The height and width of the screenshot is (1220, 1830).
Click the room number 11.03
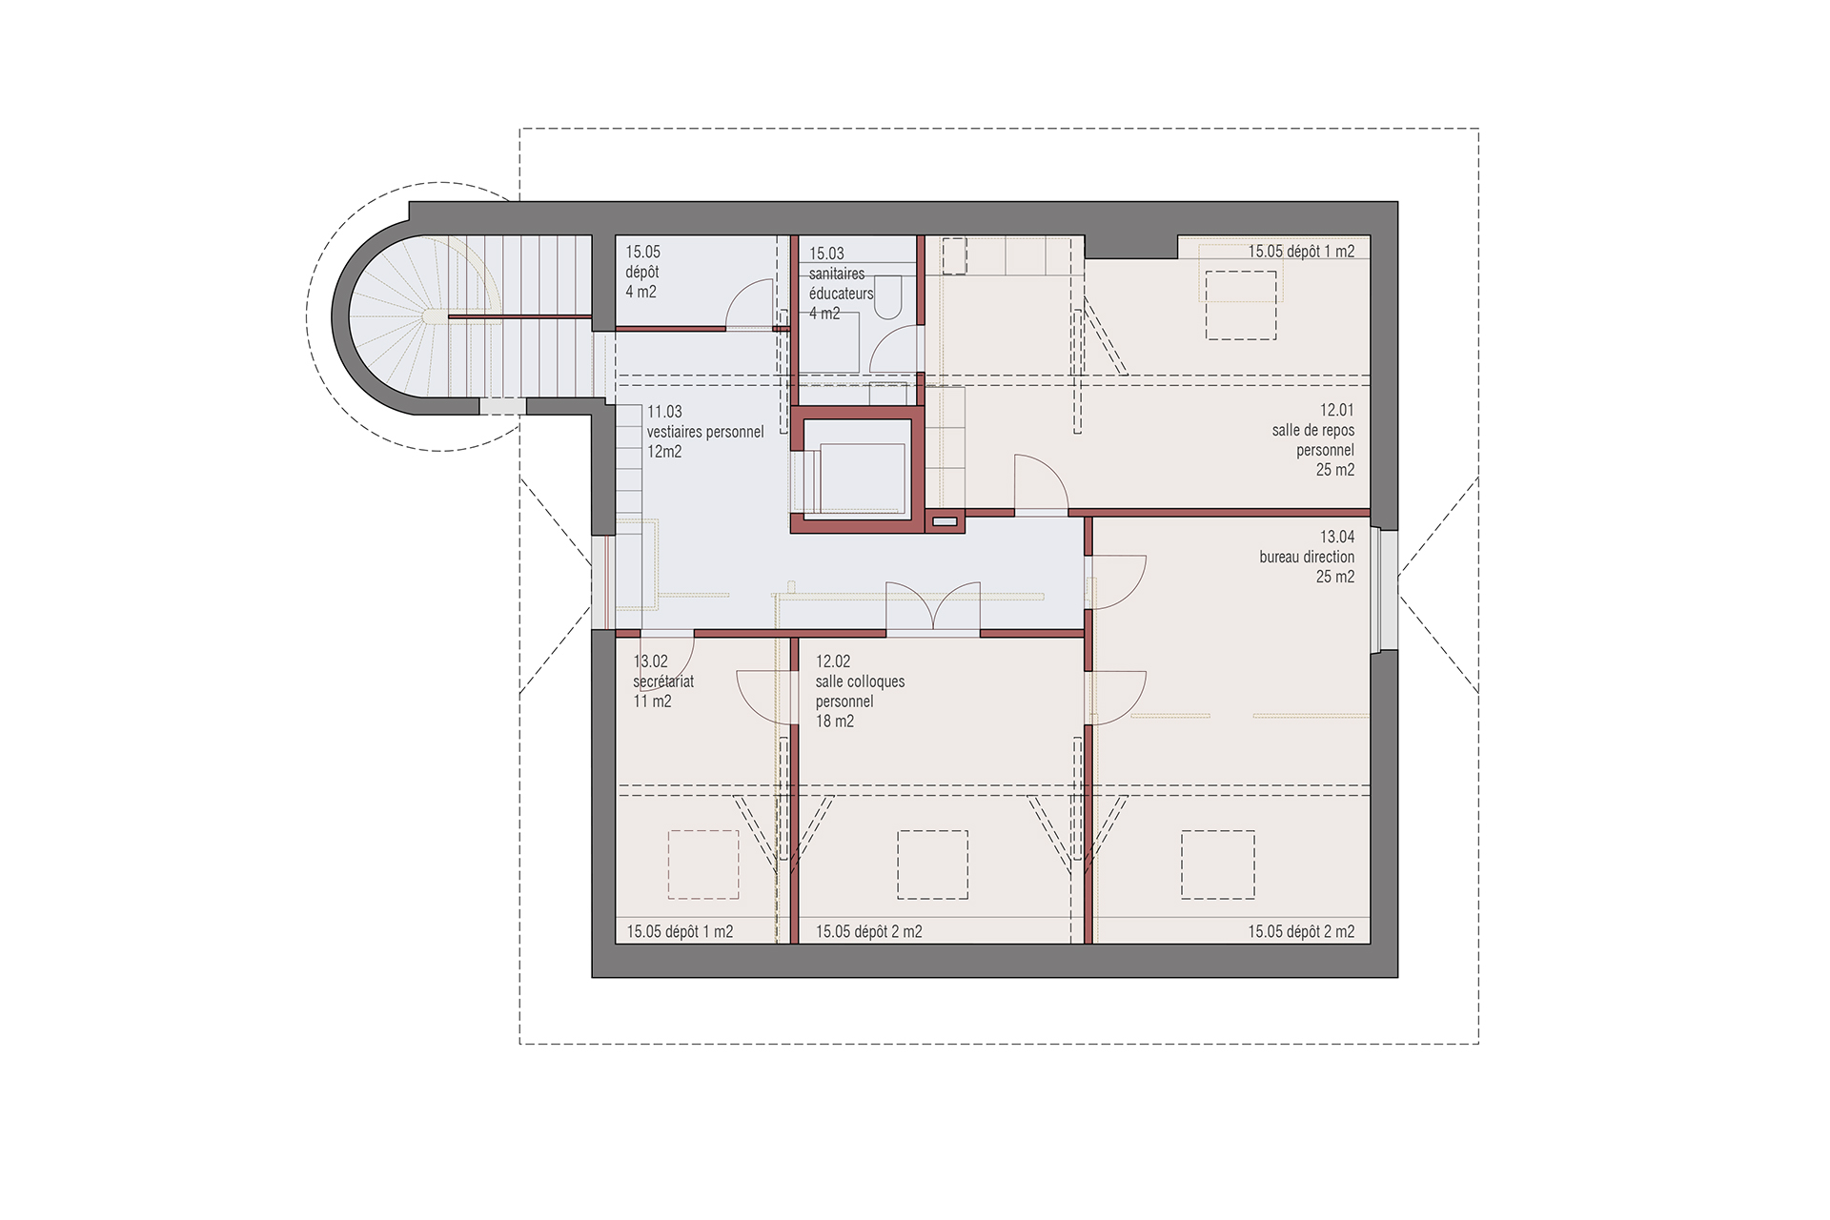tap(664, 412)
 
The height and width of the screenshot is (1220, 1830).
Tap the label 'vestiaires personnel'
tap(705, 432)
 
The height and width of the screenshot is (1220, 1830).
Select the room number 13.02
tap(651, 661)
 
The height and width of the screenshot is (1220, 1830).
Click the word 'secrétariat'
tap(663, 681)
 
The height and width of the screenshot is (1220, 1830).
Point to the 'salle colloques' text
tap(860, 681)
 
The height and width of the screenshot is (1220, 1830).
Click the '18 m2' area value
tap(835, 722)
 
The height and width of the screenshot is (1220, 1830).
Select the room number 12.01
tap(1337, 410)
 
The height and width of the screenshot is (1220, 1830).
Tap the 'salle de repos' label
tap(1313, 430)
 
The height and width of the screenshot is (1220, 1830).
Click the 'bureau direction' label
tap(1307, 557)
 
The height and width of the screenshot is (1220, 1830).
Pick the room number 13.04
tap(1337, 537)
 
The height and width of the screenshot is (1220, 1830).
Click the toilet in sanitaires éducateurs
tap(887, 297)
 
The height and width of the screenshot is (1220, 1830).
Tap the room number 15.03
tap(826, 254)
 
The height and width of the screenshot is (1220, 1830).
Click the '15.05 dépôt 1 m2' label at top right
tap(1301, 252)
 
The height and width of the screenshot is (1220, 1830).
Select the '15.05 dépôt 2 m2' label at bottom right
tap(1301, 931)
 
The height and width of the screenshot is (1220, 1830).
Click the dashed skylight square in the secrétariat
tap(703, 864)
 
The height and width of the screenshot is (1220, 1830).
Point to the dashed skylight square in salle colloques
tap(932, 864)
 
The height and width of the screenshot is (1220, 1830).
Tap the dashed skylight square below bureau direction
tap(1218, 864)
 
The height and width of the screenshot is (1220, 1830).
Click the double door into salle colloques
tap(933, 607)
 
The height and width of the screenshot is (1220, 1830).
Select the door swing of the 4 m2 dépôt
tap(750, 304)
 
